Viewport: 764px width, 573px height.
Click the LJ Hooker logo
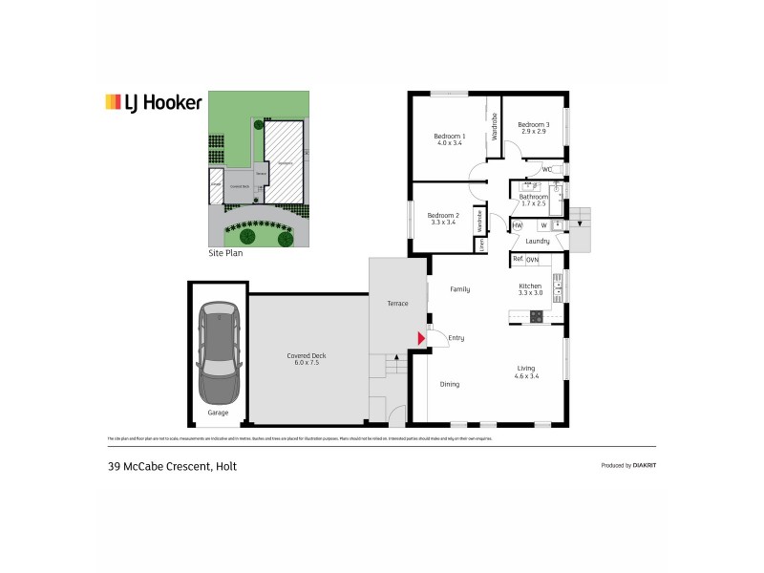pyautogui.click(x=153, y=102)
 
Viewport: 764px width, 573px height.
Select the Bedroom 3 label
pyautogui.click(x=534, y=126)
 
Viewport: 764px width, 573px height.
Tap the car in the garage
pyautogui.click(x=218, y=355)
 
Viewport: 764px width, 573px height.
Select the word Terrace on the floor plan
pyautogui.click(x=396, y=304)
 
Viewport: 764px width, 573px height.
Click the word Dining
pyautogui.click(x=450, y=384)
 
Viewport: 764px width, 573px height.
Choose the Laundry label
pyautogui.click(x=537, y=242)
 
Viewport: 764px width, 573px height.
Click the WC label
pyautogui.click(x=546, y=170)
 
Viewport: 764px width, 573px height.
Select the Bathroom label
pyautogui.click(x=534, y=198)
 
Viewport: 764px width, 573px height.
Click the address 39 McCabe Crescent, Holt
pyautogui.click(x=171, y=466)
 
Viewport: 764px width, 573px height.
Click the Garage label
pyautogui.click(x=218, y=413)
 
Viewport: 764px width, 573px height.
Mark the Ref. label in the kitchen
pyautogui.click(x=518, y=259)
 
